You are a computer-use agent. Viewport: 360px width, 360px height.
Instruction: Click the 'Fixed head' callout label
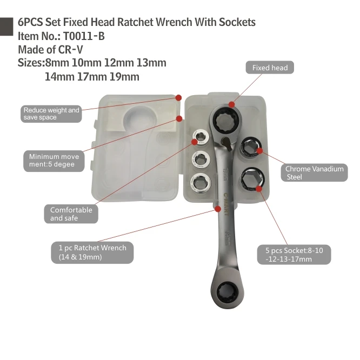click(270, 68)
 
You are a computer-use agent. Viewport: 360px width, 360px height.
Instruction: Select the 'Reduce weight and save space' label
click(51, 114)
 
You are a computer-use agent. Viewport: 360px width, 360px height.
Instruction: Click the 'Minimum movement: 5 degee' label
click(54, 161)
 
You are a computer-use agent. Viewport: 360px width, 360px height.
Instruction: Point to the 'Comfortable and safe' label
click(71, 214)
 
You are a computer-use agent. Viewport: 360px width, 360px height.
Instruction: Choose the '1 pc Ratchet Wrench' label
click(92, 252)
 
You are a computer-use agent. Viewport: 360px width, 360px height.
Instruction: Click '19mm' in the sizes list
click(124, 77)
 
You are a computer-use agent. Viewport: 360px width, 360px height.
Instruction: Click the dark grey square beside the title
click(6, 26)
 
